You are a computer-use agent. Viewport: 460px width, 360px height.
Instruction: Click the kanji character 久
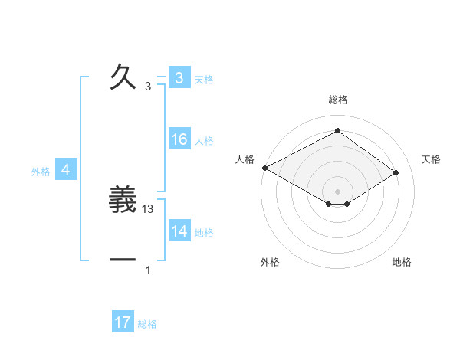[123, 77]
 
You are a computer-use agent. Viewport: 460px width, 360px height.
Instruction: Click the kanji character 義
[123, 201]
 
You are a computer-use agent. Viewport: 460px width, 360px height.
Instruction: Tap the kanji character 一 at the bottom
[123, 260]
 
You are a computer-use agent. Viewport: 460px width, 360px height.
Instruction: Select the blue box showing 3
[179, 78]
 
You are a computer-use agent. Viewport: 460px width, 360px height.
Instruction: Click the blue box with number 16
[179, 139]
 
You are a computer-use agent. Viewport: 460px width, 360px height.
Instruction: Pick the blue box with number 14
[179, 232]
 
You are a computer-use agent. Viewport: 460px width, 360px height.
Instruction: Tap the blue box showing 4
[66, 171]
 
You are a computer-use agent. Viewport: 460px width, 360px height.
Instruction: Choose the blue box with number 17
[123, 323]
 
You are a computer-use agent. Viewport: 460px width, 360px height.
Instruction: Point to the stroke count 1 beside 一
[148, 270]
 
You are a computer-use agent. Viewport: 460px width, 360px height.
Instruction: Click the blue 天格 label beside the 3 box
[204, 79]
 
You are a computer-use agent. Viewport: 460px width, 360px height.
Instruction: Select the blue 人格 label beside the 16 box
[204, 141]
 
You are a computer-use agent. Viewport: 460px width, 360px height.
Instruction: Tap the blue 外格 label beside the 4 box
[41, 172]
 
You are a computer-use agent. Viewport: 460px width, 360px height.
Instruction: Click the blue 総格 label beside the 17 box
[147, 324]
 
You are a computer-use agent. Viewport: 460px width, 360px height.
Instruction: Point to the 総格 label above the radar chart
[337, 100]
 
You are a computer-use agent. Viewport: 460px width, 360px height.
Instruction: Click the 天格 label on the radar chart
[432, 159]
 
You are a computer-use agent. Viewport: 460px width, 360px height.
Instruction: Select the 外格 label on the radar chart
[270, 262]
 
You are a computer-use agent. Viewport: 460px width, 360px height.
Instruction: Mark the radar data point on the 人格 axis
[264, 168]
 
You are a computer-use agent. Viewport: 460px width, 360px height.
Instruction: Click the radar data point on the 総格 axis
[337, 130]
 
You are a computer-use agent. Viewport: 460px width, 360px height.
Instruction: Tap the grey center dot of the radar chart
[337, 191]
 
